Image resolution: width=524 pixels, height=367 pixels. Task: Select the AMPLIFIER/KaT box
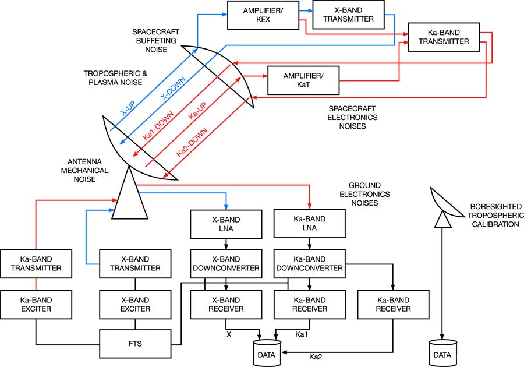click(303, 80)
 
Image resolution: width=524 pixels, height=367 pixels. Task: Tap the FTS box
click(136, 343)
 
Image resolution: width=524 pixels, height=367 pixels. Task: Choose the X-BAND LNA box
click(225, 223)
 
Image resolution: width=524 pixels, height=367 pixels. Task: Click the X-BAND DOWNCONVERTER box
click(225, 263)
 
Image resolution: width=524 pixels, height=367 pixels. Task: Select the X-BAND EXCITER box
click(136, 304)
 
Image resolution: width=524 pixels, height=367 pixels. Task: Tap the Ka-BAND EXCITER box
click(36, 304)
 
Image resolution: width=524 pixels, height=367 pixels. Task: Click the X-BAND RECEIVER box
click(225, 304)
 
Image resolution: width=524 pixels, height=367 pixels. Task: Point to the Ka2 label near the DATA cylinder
click(314, 356)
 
